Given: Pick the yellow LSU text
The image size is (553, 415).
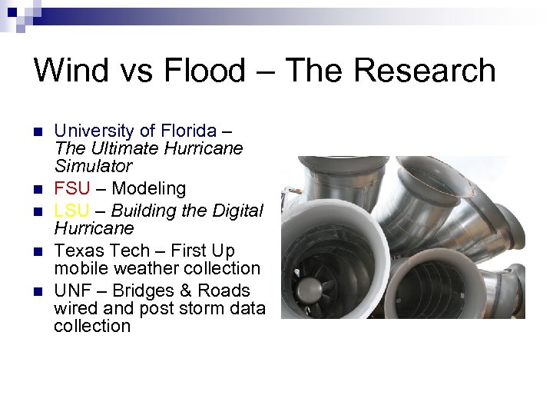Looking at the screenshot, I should (72, 211).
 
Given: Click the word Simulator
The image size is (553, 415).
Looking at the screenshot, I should (93, 166).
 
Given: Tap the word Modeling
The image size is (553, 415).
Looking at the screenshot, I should (150, 188).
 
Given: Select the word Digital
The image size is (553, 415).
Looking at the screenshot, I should (236, 211).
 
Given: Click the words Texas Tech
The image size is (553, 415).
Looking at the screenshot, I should (100, 251).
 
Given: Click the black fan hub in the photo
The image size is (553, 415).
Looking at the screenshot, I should (310, 289).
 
